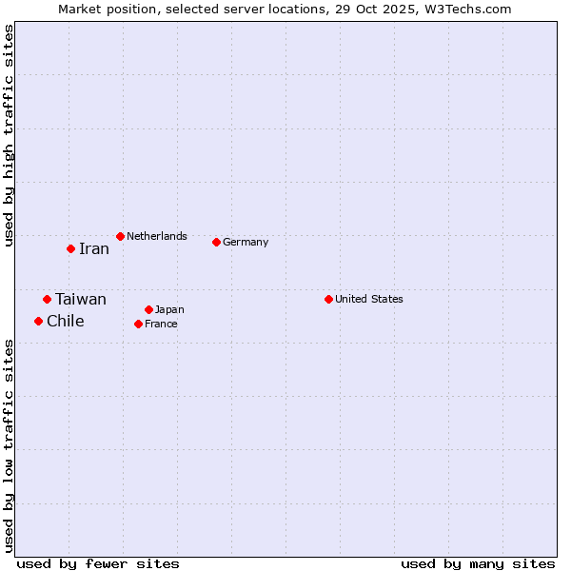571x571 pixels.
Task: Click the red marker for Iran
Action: [70, 249]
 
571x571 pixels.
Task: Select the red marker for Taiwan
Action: [47, 300]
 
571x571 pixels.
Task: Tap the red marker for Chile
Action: [38, 322]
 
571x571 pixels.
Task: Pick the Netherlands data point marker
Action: [120, 236]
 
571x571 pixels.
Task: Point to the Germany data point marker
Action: [216, 242]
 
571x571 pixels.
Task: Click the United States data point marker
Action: [328, 299]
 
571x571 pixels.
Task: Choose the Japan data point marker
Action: [148, 309]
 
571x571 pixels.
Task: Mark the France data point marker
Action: [138, 324]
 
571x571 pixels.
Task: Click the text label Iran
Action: [94, 249]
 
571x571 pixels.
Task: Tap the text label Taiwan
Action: [81, 300]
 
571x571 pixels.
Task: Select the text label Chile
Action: [66, 322]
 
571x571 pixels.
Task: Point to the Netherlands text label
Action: [157, 236]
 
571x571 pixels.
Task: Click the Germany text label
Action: [246, 242]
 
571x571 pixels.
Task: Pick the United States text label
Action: [369, 299]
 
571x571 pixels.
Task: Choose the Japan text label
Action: [169, 309]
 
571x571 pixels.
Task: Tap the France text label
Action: [161, 324]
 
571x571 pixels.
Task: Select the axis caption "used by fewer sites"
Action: [98, 563]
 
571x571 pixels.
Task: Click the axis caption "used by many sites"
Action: [478, 563]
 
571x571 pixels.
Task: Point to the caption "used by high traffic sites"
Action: [9, 135]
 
